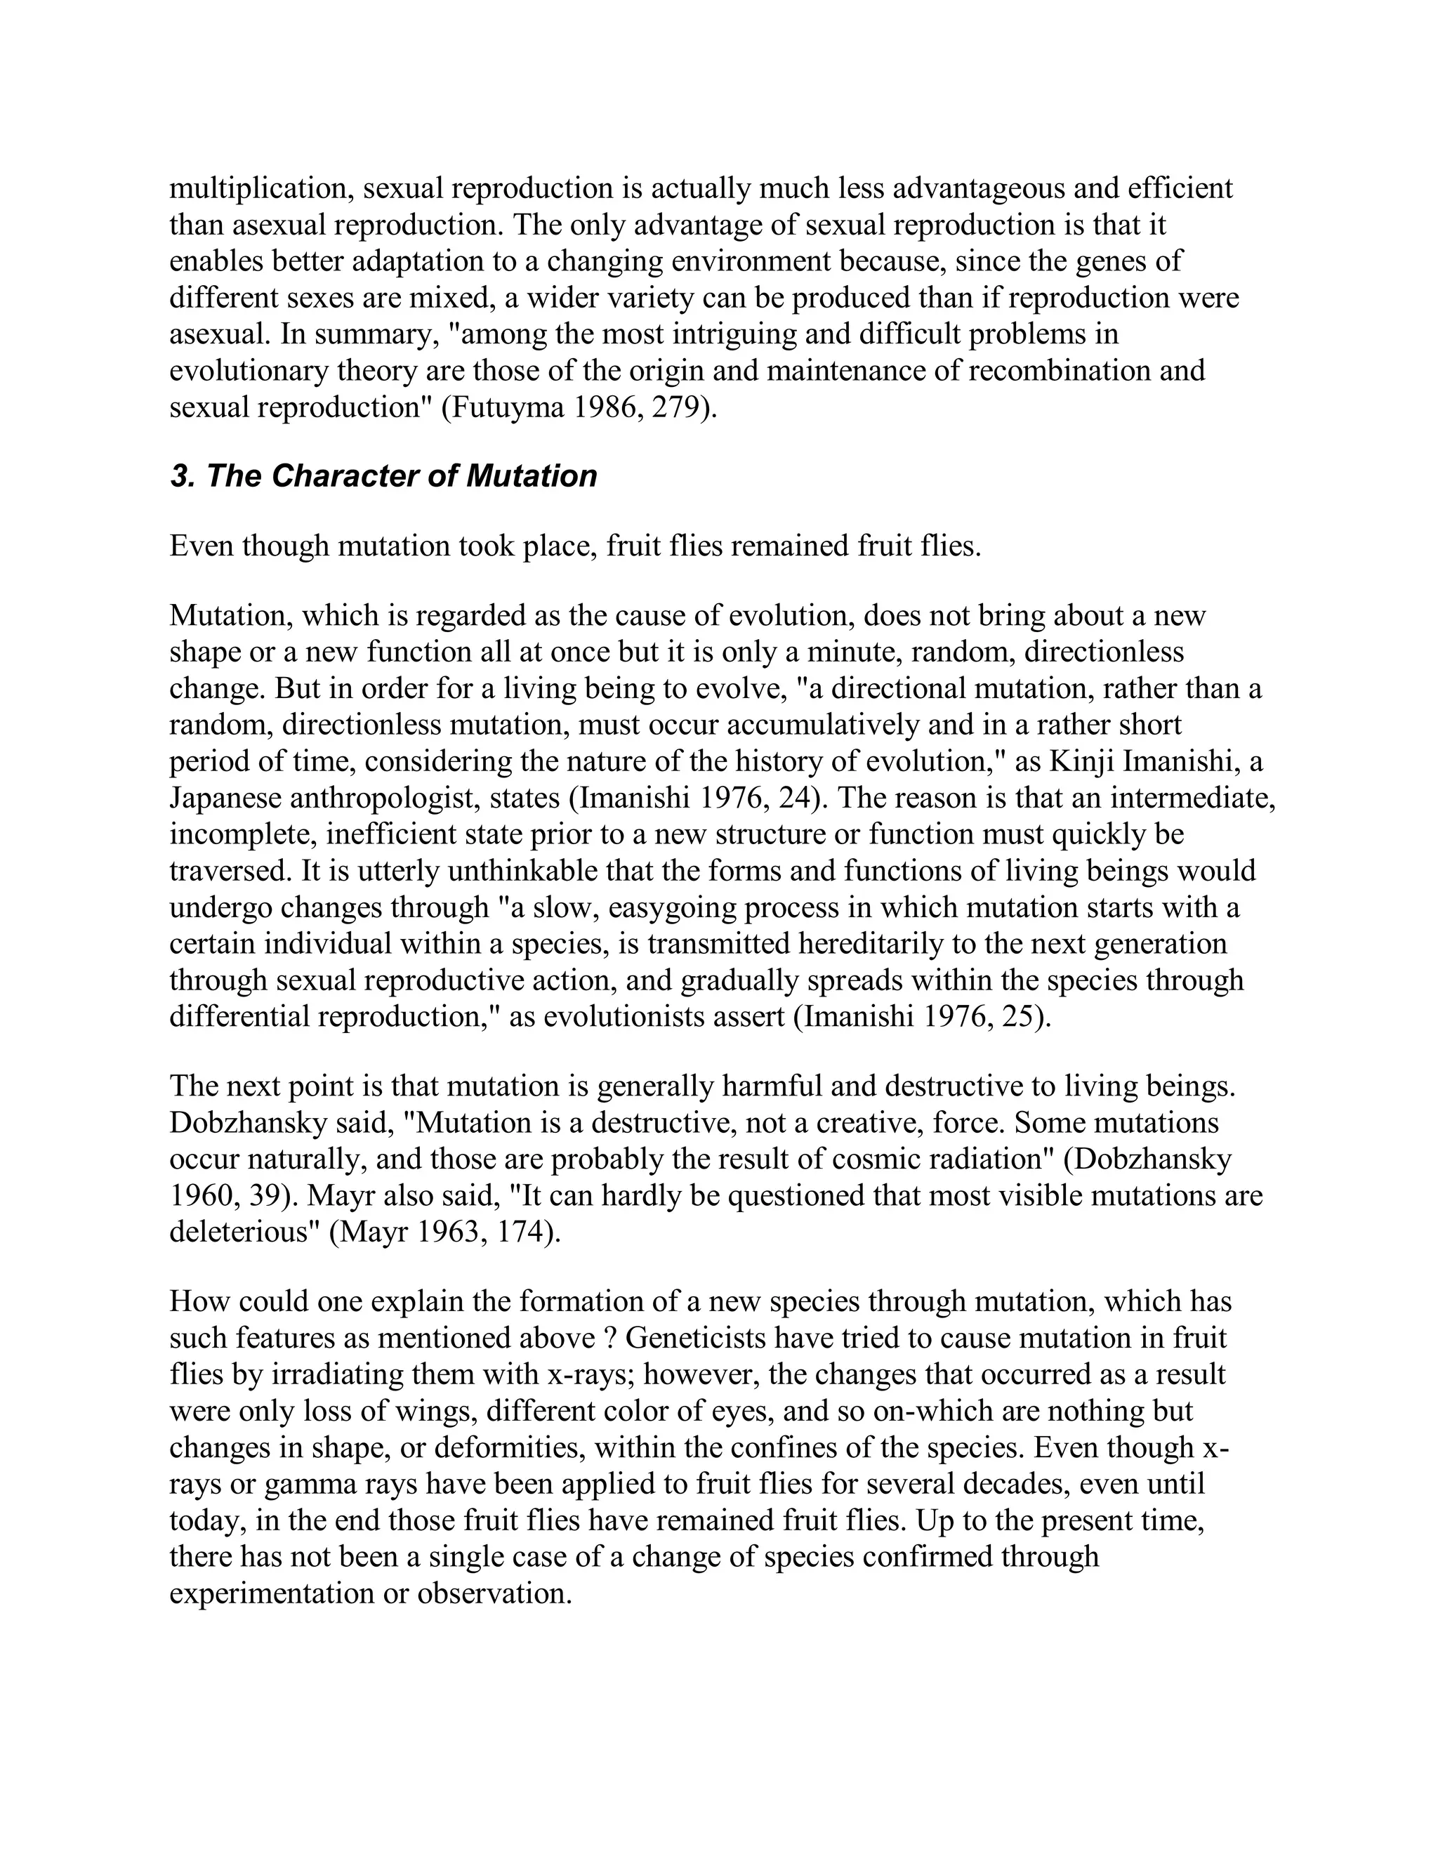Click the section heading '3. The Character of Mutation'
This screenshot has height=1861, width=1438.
[x=383, y=475]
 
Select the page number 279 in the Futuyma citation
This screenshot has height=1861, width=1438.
[x=680, y=407]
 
